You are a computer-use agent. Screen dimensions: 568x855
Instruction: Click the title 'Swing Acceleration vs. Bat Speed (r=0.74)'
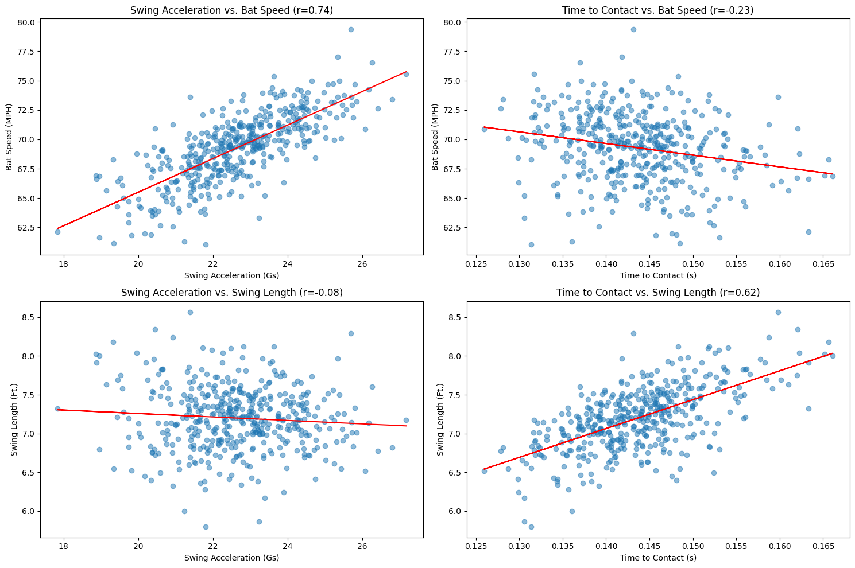(x=231, y=10)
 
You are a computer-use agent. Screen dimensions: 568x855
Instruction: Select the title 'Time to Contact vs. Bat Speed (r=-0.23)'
(x=657, y=10)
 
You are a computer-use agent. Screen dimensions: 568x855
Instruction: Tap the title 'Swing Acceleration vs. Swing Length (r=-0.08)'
(x=231, y=293)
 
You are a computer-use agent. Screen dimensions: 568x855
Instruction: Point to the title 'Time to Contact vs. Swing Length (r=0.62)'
(x=657, y=293)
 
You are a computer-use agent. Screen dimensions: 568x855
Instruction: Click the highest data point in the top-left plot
(x=351, y=29)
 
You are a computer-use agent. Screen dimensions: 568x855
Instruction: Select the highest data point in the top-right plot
(x=633, y=29)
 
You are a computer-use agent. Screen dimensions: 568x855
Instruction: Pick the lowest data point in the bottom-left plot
(x=206, y=527)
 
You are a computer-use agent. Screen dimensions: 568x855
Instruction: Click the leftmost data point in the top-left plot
(x=57, y=232)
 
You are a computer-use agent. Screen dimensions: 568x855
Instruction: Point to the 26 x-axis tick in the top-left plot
(x=362, y=265)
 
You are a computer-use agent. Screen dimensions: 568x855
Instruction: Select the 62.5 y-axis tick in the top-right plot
(x=451, y=228)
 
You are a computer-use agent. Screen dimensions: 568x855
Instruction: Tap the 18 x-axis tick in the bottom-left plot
(x=63, y=548)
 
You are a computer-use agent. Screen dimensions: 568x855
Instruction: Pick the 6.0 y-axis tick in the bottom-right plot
(x=455, y=511)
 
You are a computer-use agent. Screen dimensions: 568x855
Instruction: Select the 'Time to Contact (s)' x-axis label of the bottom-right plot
(x=657, y=558)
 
